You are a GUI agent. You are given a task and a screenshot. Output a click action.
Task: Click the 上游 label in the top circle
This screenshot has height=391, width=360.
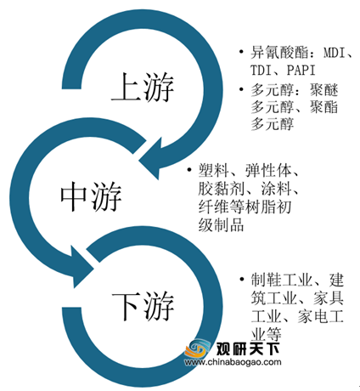pyautogui.click(x=143, y=87)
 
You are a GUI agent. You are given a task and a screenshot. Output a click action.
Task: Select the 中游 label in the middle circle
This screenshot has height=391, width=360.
pyautogui.click(x=91, y=196)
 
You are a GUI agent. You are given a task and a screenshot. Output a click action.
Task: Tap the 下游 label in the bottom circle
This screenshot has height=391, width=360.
pyautogui.click(x=143, y=306)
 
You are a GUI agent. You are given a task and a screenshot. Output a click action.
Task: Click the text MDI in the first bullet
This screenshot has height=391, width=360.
pyautogui.click(x=335, y=53)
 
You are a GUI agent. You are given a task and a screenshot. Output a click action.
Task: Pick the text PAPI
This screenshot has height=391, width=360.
pyautogui.click(x=301, y=70)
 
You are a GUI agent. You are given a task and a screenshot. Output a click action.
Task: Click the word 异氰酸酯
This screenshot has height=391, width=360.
pyautogui.click(x=279, y=53)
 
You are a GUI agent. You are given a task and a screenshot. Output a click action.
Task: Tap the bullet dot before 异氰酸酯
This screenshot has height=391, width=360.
pyautogui.click(x=241, y=52)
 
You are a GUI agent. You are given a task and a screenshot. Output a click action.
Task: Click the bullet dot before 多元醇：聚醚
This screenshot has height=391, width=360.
pyautogui.click(x=241, y=89)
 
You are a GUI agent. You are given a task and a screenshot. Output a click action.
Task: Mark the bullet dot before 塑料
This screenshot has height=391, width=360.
pyautogui.click(x=189, y=170)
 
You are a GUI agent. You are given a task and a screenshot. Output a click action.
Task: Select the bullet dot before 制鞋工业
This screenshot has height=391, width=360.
pyautogui.click(x=241, y=280)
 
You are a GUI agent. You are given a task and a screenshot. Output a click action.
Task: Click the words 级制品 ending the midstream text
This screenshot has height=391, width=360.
pyautogui.click(x=221, y=225)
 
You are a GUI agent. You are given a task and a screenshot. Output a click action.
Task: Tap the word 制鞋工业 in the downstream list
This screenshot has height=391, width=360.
pyautogui.click(x=282, y=280)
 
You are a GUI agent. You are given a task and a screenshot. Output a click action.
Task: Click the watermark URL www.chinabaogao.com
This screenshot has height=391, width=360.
pyautogui.click(x=233, y=362)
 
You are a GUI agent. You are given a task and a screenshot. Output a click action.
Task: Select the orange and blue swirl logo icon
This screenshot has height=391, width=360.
pyautogui.click(x=197, y=348)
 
